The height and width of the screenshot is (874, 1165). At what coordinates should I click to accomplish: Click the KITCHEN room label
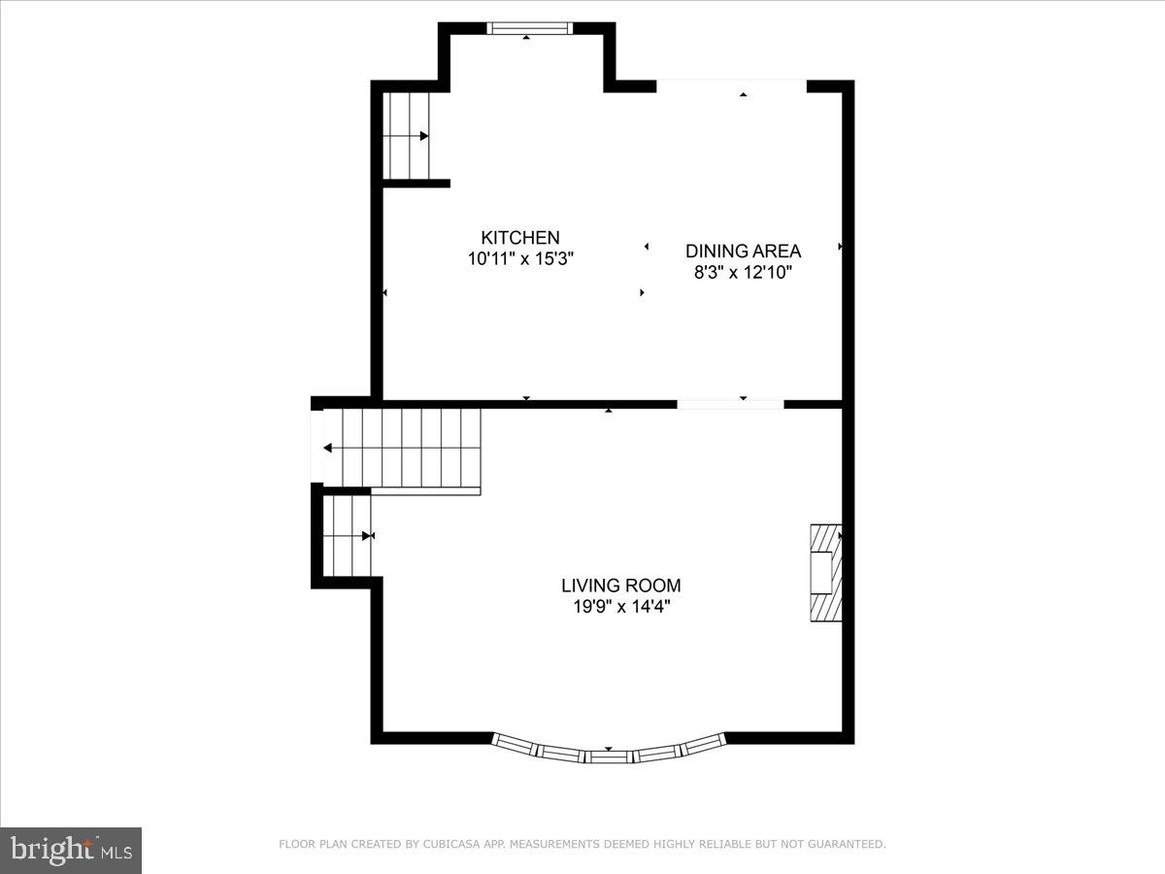pos(520,238)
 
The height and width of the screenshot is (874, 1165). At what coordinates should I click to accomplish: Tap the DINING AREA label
pos(743,251)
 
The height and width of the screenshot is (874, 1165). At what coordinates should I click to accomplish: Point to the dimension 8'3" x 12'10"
pos(743,273)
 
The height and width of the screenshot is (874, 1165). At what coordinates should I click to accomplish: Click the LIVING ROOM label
pos(620,586)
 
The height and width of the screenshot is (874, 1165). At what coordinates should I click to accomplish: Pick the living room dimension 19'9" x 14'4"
pos(620,607)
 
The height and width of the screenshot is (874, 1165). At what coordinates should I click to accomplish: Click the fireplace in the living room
pos(825,573)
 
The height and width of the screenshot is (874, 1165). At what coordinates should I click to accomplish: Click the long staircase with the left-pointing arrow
pos(403,448)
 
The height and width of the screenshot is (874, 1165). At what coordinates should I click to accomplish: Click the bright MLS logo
pos(71,851)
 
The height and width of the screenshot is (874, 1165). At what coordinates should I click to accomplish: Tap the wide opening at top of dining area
pos(732,85)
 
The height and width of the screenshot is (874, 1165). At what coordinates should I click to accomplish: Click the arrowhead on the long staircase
pos(328,448)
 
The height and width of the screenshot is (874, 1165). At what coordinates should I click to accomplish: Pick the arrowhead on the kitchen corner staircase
pos(424,136)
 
